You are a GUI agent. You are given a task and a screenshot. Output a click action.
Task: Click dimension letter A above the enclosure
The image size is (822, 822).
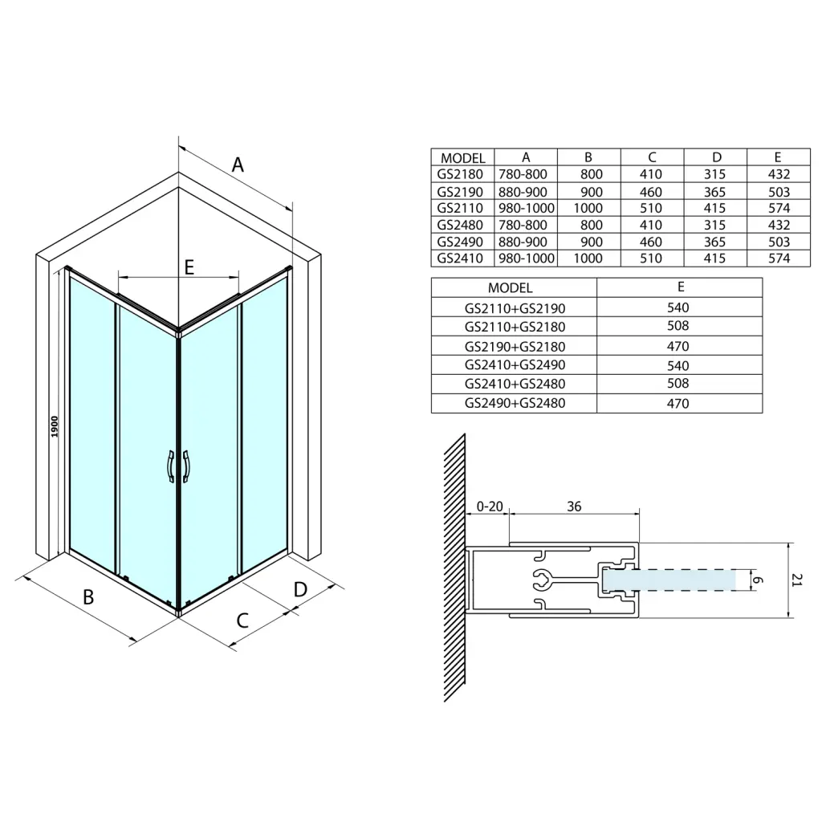coord(238,165)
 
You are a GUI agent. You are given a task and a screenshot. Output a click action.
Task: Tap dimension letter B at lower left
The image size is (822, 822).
coord(88,596)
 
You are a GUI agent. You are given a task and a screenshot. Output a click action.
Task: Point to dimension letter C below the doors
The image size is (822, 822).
coord(242,621)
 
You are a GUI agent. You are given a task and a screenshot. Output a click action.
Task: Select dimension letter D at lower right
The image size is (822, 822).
coord(300,589)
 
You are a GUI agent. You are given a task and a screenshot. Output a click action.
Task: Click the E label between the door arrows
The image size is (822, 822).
coord(189,267)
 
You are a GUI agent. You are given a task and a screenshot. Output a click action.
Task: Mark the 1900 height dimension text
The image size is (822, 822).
coord(55,427)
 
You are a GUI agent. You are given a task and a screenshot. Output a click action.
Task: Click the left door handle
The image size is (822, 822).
coord(171,466)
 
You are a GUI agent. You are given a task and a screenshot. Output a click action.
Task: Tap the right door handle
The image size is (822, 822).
coord(186,466)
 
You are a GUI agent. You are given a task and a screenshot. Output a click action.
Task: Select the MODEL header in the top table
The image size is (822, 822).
coord(463,158)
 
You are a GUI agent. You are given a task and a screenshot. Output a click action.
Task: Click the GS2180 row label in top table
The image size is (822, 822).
coord(460,174)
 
